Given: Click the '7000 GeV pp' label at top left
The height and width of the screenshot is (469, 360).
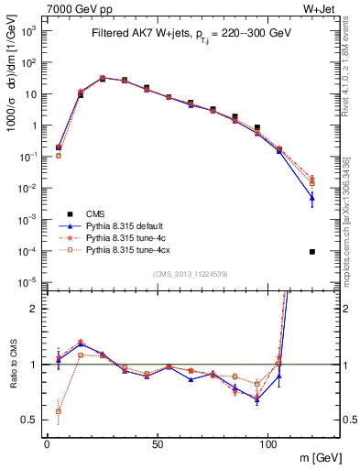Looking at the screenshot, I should [73, 9].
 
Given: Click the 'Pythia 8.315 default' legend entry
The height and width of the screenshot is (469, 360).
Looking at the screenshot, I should [130, 225].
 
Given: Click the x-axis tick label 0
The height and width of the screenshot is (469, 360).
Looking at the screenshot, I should [48, 442].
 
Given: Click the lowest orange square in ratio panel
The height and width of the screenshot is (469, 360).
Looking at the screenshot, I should [59, 411].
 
